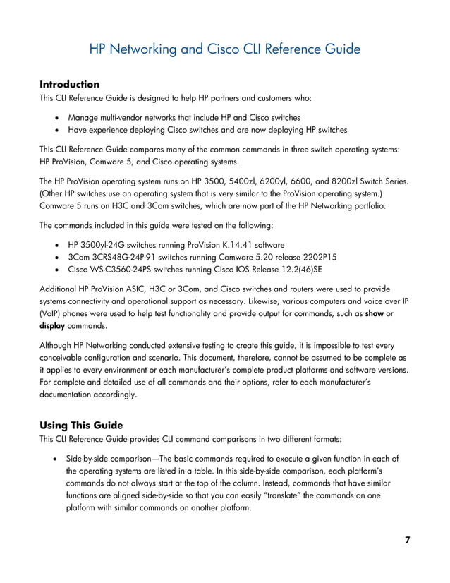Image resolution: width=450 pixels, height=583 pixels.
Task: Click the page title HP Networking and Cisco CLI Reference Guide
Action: (x=225, y=49)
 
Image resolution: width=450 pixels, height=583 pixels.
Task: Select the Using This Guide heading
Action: (x=81, y=425)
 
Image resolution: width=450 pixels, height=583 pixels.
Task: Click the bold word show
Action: (x=376, y=313)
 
